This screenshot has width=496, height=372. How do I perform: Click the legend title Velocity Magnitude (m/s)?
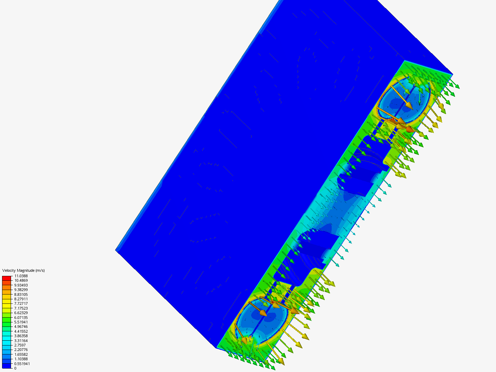pyautogui.click(x=23, y=270)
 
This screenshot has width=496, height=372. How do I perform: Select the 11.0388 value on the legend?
pyautogui.click(x=21, y=276)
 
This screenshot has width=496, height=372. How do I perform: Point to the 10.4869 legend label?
pyautogui.click(x=21, y=280)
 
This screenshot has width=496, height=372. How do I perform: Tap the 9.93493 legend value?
pyautogui.click(x=21, y=285)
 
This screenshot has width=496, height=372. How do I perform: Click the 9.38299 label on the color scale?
pyautogui.click(x=21, y=290)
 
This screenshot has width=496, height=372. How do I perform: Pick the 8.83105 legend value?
pyautogui.click(x=21, y=294)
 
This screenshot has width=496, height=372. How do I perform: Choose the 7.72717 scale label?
pyautogui.click(x=21, y=303)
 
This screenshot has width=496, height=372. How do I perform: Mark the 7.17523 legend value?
pyautogui.click(x=21, y=308)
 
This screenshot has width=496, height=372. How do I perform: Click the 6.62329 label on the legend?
pyautogui.click(x=21, y=313)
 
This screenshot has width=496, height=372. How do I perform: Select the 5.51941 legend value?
pyautogui.click(x=21, y=322)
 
